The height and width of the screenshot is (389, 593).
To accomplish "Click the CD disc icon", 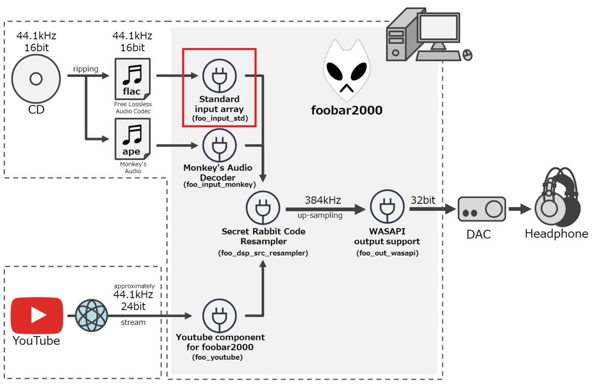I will click(36, 78).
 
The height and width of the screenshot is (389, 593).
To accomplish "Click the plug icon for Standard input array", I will click(219, 76).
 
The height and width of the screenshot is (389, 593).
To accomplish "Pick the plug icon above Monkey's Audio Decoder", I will click(219, 146).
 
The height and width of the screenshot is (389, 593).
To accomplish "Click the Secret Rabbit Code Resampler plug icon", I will click(263, 208).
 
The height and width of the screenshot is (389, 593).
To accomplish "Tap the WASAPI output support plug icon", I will click(386, 208).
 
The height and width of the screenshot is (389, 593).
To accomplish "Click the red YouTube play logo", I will click(37, 315).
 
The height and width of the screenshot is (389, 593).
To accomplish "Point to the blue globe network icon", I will click(91, 316).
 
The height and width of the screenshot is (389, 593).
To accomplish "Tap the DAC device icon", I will click(481, 209).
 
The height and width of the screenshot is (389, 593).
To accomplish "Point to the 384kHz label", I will click(323, 200).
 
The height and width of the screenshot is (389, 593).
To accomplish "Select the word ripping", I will click(86, 69).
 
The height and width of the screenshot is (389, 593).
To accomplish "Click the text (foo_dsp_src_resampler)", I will click(263, 253).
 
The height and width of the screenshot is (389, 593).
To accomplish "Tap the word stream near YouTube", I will click(133, 322).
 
